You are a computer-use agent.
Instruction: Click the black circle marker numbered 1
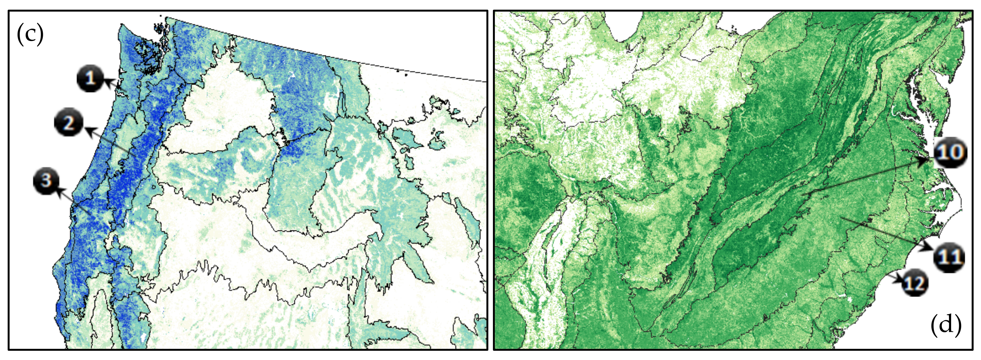(90, 79)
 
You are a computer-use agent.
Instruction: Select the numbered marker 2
(68, 123)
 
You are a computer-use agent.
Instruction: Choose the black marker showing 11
(948, 257)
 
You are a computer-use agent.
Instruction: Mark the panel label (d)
(946, 325)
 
